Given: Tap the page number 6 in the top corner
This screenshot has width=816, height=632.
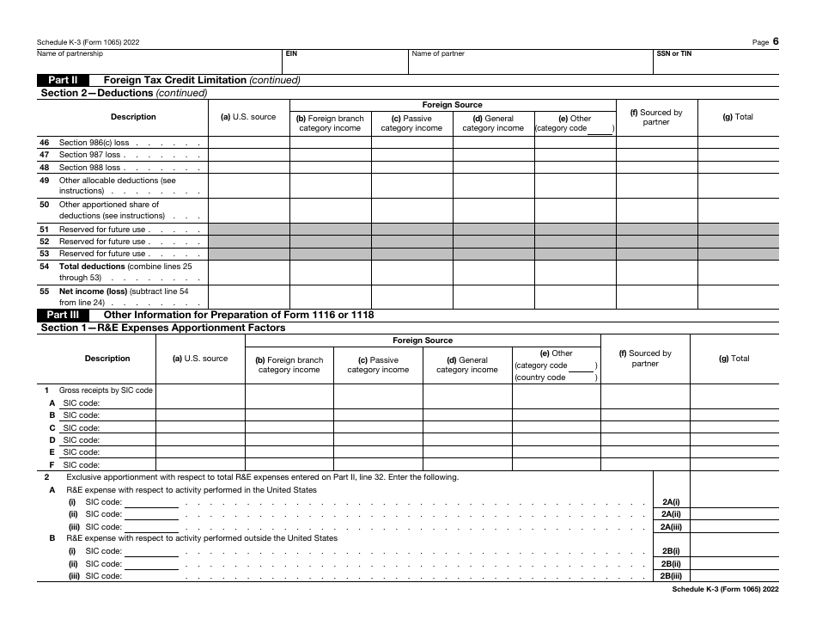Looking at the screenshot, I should (x=776, y=41).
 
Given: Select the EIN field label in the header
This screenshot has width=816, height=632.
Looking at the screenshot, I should (x=291, y=53).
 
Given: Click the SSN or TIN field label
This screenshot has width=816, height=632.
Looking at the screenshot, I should (x=674, y=53).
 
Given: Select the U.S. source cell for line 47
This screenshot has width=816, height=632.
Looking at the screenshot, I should (x=248, y=156).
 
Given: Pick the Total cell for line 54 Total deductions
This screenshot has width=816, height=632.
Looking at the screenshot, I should (x=738, y=273).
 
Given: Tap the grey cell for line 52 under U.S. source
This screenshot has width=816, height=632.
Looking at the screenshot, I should (x=248, y=242).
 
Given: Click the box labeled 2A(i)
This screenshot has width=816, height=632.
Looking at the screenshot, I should (x=671, y=501).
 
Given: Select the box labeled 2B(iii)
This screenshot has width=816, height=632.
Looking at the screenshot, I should (x=671, y=576).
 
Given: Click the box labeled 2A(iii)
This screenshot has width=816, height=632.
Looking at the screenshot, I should (x=671, y=526).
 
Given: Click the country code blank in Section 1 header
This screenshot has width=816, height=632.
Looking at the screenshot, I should (x=581, y=377).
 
